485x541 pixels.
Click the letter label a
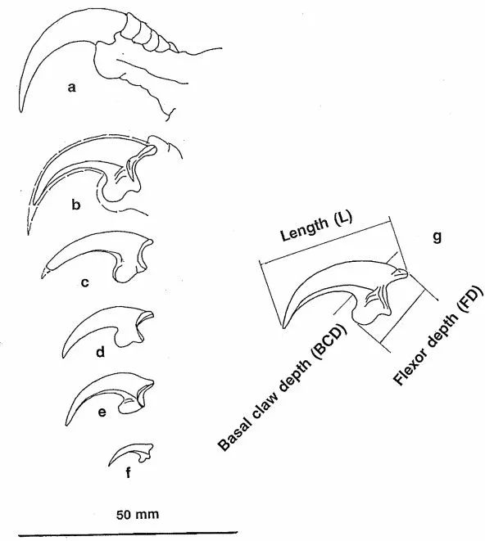point(71,88)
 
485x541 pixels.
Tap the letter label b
point(75,205)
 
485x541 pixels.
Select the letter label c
point(84,282)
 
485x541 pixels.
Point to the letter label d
point(100,352)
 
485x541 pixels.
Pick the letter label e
point(102,412)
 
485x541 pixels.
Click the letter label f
point(128,472)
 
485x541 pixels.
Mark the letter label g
point(437,237)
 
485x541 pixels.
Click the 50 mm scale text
point(138,515)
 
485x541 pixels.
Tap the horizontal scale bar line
point(128,534)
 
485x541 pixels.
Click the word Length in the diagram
point(305,229)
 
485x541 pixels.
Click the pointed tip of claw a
point(20,111)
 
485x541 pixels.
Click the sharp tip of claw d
point(63,357)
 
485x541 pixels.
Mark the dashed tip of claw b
point(28,234)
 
